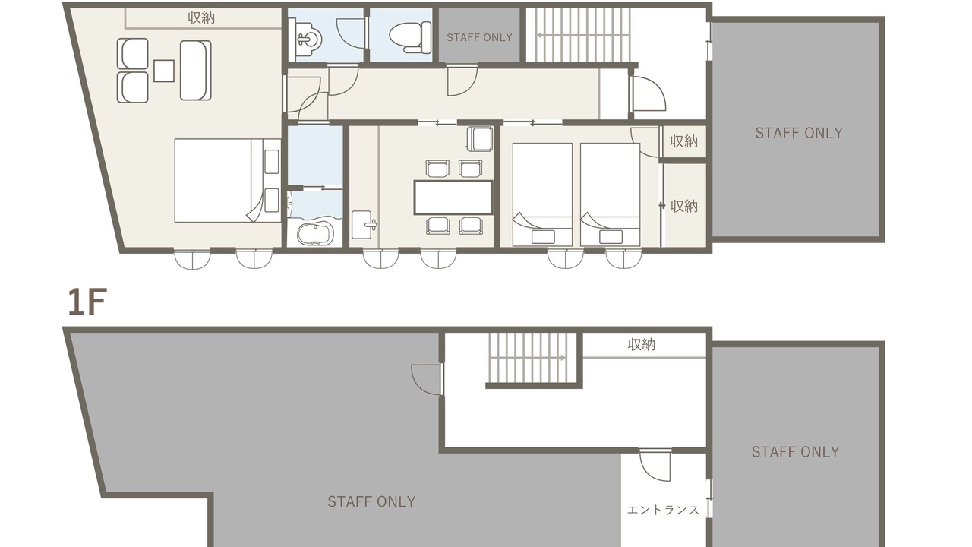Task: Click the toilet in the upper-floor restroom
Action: coord(409,37)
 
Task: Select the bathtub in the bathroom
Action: coord(315,233)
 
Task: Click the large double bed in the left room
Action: coord(228,181)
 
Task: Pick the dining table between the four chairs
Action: coord(453,198)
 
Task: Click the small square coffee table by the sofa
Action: coord(164,71)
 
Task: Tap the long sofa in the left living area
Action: coord(196,71)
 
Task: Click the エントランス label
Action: coord(663,510)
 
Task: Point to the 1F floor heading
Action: coord(87,302)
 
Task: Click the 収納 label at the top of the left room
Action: coord(201,17)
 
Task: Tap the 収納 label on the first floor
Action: coord(642,345)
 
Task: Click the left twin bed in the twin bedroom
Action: coord(542,194)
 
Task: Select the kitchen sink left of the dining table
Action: coord(364,224)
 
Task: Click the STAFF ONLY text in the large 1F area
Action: coord(371,502)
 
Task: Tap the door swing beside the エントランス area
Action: coord(655,466)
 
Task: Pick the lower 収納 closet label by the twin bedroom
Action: coord(684,206)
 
